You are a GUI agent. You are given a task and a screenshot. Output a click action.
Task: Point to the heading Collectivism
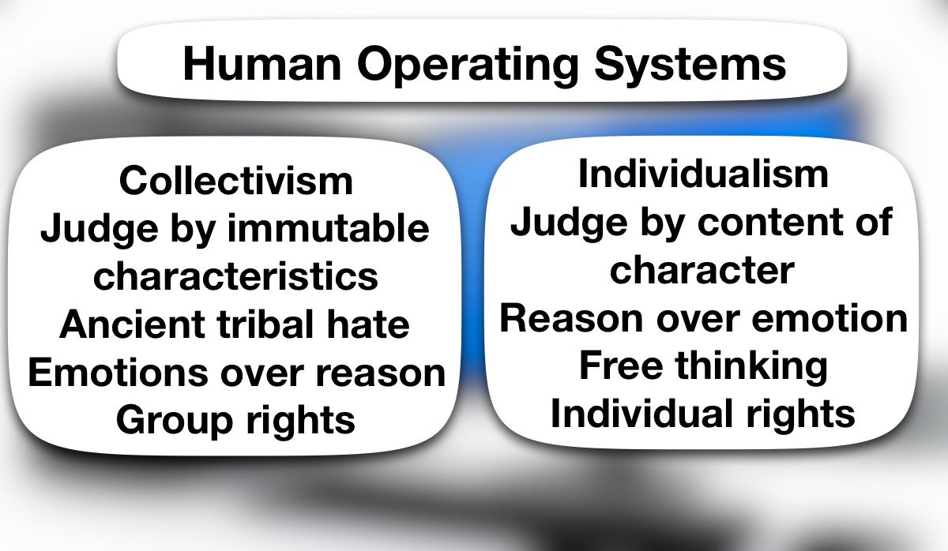236,181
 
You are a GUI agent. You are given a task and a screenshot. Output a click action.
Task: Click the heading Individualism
703,174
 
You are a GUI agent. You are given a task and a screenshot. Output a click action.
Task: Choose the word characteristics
236,276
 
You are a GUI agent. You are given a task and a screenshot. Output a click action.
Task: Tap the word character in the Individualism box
702,271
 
